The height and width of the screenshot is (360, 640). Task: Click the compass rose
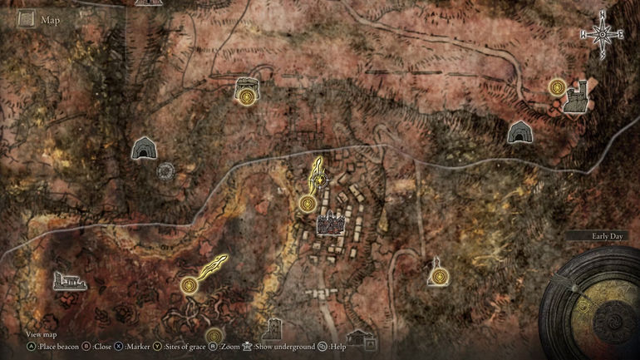(x=603, y=34)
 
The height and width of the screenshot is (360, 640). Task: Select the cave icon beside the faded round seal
(x=145, y=148)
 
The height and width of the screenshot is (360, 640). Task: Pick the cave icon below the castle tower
(x=520, y=131)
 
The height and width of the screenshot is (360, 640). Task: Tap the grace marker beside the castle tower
(x=556, y=86)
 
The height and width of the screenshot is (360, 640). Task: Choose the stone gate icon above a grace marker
(x=246, y=85)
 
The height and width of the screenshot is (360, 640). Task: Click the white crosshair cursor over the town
(x=321, y=179)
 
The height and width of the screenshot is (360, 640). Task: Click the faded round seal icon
(x=166, y=171)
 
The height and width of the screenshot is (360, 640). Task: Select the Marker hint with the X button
(x=133, y=346)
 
